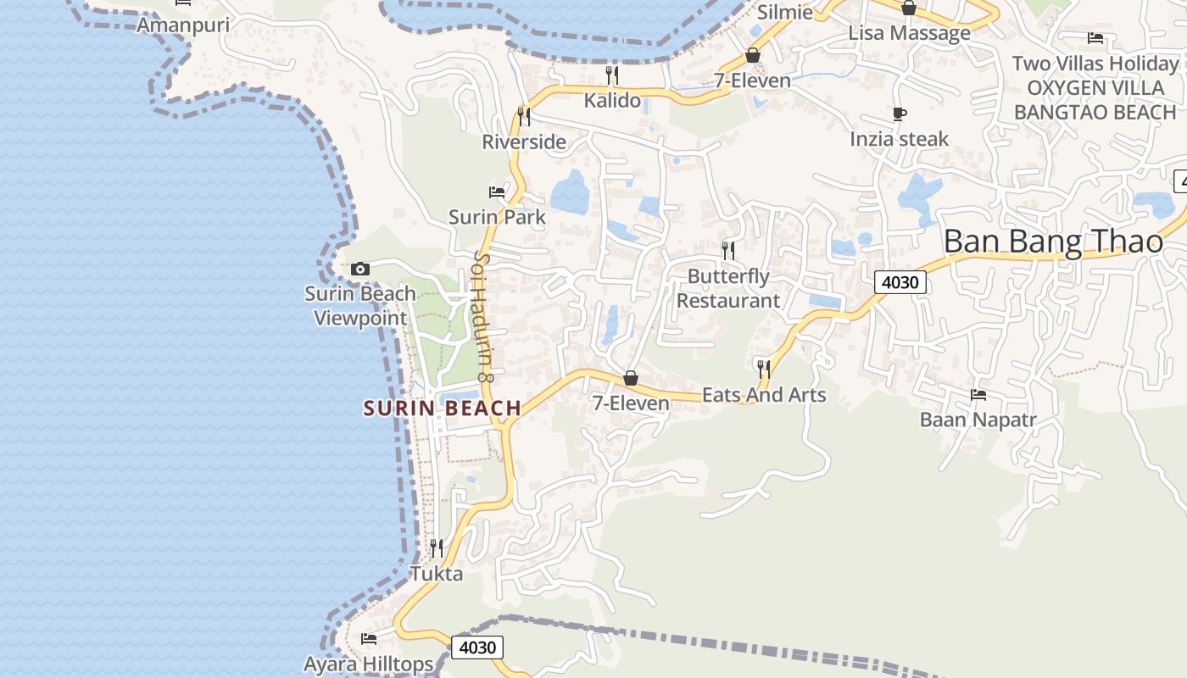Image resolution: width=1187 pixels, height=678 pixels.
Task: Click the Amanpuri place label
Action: (x=183, y=25)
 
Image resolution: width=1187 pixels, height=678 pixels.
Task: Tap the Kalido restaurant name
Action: (x=612, y=100)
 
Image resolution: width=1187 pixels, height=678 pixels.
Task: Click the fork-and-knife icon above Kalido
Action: (x=612, y=75)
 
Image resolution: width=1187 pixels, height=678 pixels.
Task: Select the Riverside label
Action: (x=524, y=142)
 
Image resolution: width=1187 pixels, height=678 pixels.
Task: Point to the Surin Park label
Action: (x=497, y=217)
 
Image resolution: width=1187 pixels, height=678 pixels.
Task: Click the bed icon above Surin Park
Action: (x=497, y=192)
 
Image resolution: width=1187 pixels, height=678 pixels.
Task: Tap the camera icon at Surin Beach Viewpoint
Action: (x=360, y=270)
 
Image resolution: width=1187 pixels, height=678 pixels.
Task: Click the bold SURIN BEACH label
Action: (x=442, y=408)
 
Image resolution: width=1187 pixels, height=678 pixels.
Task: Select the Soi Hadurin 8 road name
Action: (x=483, y=315)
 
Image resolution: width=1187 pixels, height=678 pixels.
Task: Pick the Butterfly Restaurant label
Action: (x=728, y=288)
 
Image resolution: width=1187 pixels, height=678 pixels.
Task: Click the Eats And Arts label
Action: (x=764, y=395)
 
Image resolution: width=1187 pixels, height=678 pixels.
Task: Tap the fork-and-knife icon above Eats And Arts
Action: (x=764, y=370)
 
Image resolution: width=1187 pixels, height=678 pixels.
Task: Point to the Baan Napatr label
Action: (x=978, y=420)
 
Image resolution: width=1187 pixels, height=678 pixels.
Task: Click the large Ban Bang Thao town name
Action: (x=1053, y=242)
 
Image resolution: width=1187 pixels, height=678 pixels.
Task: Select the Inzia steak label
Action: (x=900, y=139)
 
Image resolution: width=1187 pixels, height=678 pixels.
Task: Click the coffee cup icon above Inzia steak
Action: (x=900, y=114)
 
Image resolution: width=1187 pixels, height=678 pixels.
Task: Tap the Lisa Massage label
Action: (x=910, y=33)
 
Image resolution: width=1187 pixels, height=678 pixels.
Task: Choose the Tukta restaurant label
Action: (x=437, y=574)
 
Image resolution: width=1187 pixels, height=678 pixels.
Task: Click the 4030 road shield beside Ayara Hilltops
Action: (x=477, y=647)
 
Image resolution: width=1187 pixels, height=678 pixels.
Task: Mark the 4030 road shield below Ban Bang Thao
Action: (x=900, y=282)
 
